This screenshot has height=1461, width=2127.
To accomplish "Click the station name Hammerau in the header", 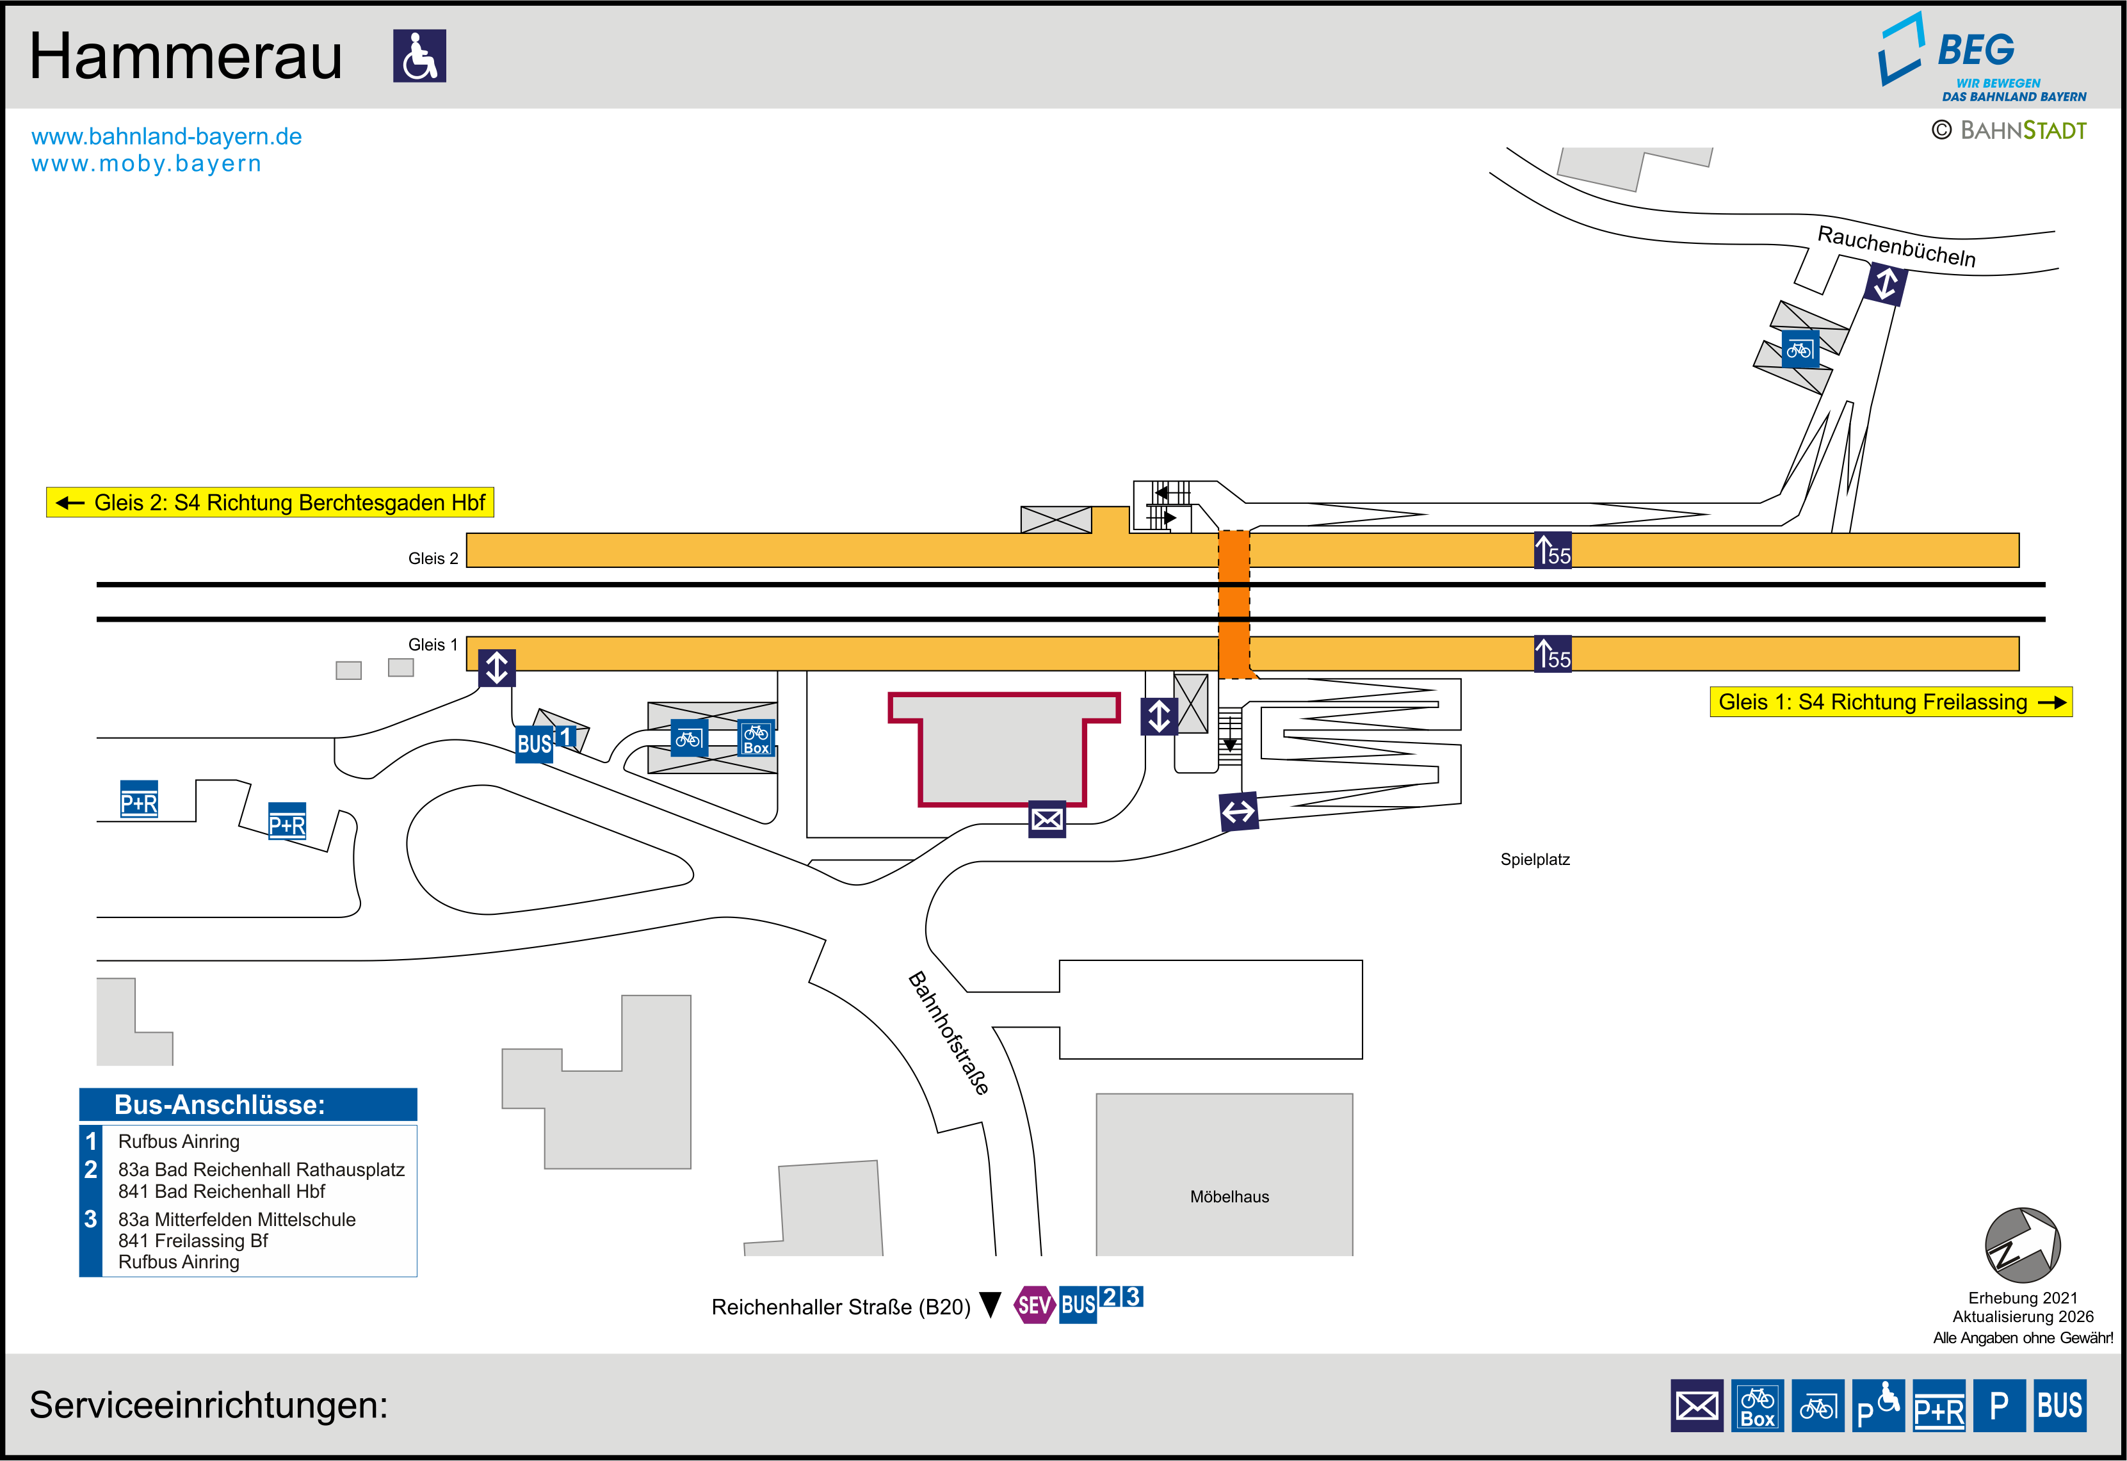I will coord(186,57).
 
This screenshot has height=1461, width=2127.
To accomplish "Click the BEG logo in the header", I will coord(1977,55).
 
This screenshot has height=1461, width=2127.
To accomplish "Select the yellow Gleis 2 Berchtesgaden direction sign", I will coord(270,503).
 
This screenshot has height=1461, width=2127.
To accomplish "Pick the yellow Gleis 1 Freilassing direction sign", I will coord(1890,702).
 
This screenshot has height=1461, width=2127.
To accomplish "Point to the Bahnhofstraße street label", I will coord(948,1033).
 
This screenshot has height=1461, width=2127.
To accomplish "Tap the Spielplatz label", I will coord(1535,860).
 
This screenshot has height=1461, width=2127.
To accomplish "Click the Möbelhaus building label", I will coord(1229,1197).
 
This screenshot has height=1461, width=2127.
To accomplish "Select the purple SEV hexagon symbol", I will coord(1034,1305).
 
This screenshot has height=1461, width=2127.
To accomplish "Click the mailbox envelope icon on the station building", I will coord(1047,819).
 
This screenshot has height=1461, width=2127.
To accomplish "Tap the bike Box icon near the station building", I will coord(756,738).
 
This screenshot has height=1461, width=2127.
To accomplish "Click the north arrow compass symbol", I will coord(2022,1245).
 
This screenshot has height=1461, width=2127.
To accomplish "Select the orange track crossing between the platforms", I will coord(1234,604).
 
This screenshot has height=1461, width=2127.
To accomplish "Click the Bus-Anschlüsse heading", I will coord(220,1105).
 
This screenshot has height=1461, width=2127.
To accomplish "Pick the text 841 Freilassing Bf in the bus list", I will coord(193,1240).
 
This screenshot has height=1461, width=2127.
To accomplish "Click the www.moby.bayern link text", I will coord(147,164).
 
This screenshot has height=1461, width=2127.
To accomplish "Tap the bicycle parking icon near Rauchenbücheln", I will coord(1799,350).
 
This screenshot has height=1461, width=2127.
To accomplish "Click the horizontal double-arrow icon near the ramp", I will coord(1238,812).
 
